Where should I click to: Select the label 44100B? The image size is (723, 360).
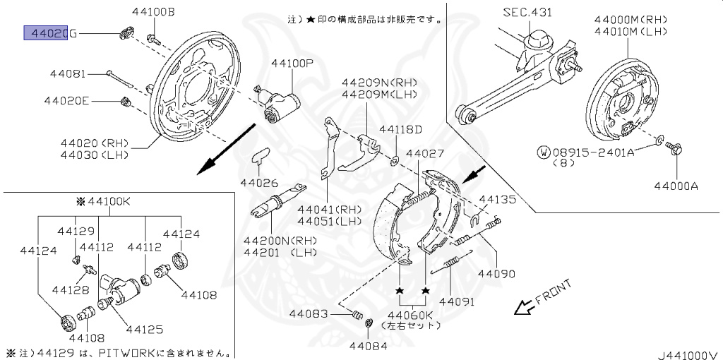coord(153,11)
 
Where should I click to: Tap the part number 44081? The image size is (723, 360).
coord(68,73)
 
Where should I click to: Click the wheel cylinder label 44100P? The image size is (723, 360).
coord(292,63)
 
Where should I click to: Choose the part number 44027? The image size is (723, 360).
coord(424,153)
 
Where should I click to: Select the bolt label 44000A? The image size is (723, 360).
coord(675,186)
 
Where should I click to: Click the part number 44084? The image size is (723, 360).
coord(369,346)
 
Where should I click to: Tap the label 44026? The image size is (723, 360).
coord(259,182)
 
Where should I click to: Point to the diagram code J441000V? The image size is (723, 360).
coord(688,353)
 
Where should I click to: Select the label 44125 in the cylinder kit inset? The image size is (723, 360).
coord(144,328)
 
